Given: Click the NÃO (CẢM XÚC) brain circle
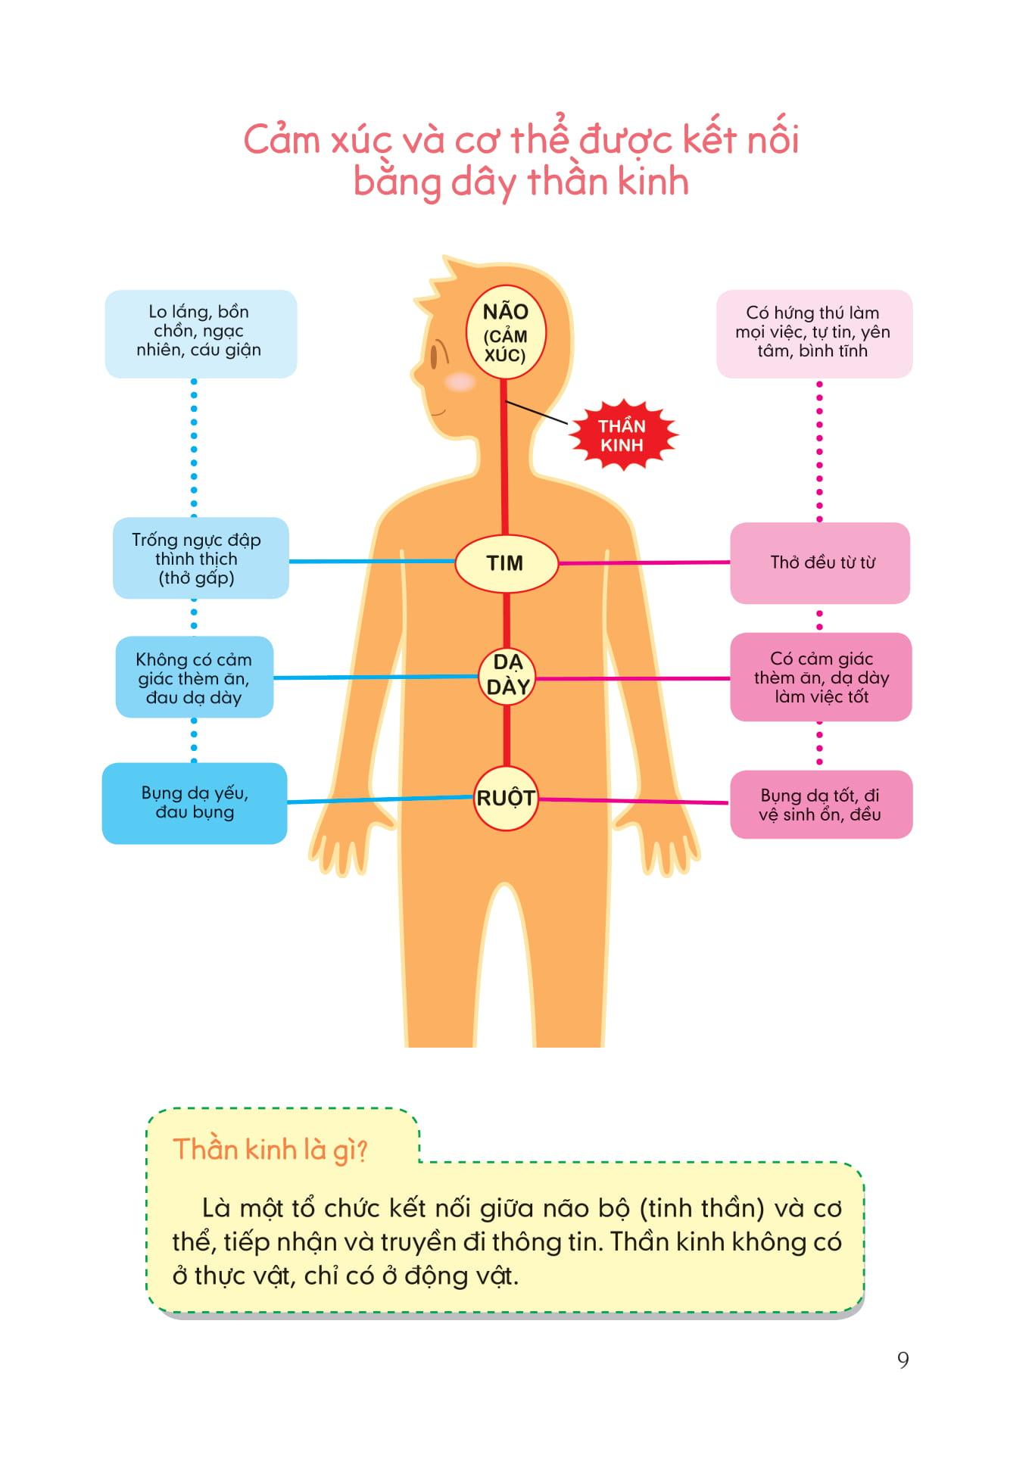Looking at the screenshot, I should click(x=505, y=334).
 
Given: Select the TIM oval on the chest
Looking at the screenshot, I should click(x=506, y=563).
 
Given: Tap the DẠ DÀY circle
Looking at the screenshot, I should click(x=507, y=674).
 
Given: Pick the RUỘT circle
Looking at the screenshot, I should click(x=505, y=798).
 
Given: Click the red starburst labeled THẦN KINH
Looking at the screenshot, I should click(x=622, y=435).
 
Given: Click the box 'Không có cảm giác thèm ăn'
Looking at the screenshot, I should click(x=194, y=677).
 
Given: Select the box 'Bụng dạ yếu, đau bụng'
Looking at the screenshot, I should click(x=195, y=802).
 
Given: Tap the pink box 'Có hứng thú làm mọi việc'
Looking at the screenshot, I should click(x=813, y=332).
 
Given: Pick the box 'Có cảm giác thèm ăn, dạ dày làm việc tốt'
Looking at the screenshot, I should click(x=821, y=677).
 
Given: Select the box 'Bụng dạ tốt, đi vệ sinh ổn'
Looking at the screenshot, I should click(x=821, y=805).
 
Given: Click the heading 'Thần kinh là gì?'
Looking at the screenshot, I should click(x=270, y=1149).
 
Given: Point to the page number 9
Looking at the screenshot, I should click(x=903, y=1360).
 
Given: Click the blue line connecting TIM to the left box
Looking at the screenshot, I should click(x=371, y=562).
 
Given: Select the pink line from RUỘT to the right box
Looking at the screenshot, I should click(x=633, y=801).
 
